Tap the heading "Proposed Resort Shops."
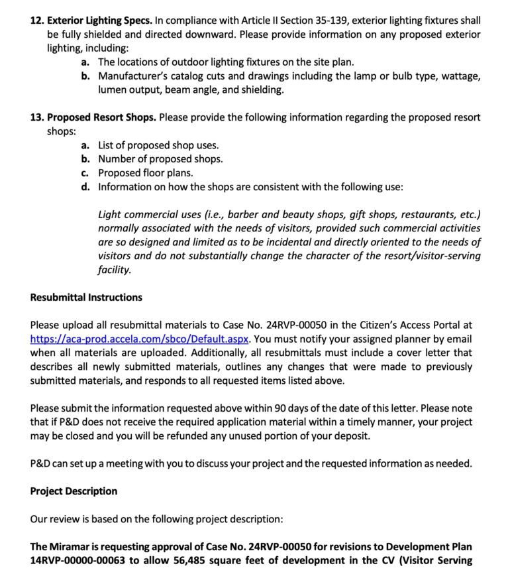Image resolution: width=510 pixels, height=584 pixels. point(102,117)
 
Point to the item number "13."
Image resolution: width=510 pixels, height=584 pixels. point(37,117)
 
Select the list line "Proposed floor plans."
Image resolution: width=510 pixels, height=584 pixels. point(146,173)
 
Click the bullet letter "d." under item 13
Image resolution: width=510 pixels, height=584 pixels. point(86,187)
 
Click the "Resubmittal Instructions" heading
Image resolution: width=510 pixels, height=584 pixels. point(86,298)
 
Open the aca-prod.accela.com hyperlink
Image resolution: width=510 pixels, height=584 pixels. point(139,339)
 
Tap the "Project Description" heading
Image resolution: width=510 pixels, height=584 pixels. point(74,491)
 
